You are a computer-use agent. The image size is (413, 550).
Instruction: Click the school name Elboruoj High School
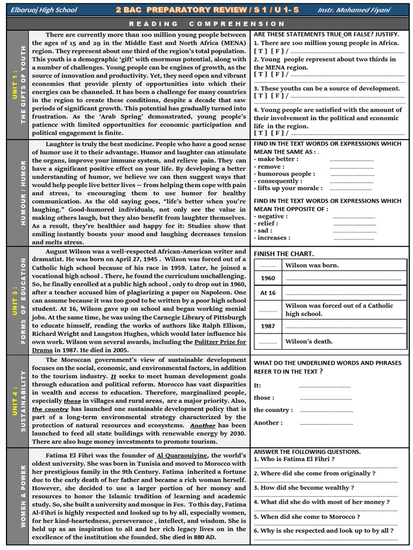44,10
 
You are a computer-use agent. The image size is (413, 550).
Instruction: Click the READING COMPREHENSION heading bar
206,24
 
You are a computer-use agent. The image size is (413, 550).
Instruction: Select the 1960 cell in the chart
268,278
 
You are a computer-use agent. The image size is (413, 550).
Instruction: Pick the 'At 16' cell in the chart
268,293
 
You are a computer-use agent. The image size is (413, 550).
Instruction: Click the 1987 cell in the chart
268,327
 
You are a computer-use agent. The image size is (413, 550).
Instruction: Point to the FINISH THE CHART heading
284,254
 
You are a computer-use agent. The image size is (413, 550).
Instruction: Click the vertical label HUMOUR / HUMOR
23,193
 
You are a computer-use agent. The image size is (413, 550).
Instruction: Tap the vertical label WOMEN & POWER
23,500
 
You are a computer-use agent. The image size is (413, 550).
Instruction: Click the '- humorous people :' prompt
284,174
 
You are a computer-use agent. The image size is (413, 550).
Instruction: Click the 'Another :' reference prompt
268,423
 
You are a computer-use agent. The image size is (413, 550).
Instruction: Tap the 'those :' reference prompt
264,397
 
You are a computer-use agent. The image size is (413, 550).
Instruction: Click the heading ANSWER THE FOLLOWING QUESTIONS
307,452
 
